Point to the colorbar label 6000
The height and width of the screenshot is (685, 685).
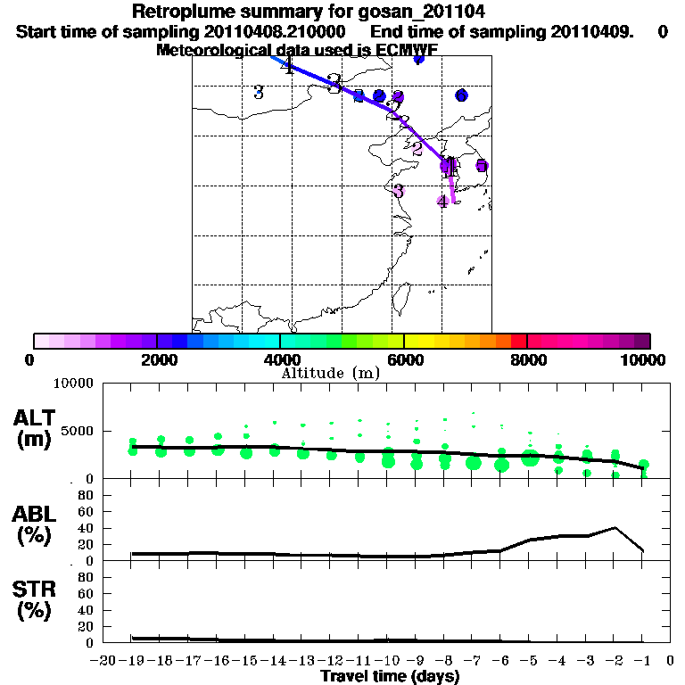point(403,359)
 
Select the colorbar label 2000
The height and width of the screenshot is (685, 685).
point(156,359)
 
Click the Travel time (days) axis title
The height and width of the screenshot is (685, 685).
point(390,676)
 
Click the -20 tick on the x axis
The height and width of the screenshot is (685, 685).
point(104,660)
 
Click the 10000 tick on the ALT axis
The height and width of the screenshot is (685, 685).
point(74,384)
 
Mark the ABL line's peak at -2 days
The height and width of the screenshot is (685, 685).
point(615,528)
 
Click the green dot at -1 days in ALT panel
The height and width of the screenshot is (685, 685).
point(643,465)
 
